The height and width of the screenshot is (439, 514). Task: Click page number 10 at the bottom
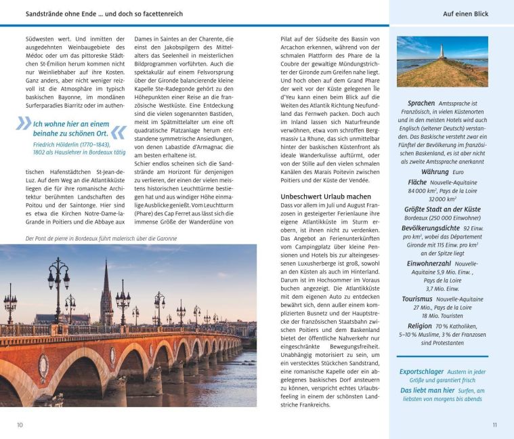click(20, 425)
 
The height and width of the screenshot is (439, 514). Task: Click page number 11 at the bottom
click(494, 425)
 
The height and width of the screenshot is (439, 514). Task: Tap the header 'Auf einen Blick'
click(465, 14)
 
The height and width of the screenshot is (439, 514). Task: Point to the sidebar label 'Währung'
click(435, 172)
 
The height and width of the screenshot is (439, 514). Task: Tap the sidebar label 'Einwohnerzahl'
click(429, 263)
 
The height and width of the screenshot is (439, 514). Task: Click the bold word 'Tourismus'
click(416, 299)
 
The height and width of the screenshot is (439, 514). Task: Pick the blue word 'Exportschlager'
click(422, 371)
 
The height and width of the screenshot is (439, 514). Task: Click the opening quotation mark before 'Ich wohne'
click(24, 124)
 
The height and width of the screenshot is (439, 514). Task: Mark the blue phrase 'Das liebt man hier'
click(427, 390)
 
